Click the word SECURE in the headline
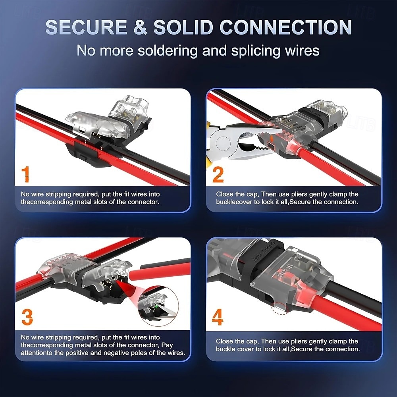click(x=86, y=27)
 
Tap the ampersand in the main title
click(x=140, y=27)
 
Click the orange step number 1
click(x=25, y=174)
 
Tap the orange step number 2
click(x=218, y=174)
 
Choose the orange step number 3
click(x=27, y=317)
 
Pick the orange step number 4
click(x=218, y=317)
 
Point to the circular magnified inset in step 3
click(x=158, y=306)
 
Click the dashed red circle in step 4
click(x=280, y=308)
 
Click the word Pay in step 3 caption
click(x=167, y=345)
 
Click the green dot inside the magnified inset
click(x=156, y=306)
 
